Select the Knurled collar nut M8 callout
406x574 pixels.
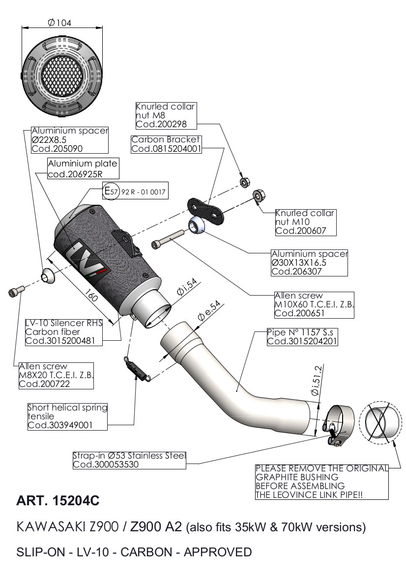tap(165, 115)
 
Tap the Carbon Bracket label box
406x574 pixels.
tap(166, 144)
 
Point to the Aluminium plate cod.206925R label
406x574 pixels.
tap(82, 168)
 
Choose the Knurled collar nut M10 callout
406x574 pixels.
tap(305, 222)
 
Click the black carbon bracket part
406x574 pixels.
tap(206, 208)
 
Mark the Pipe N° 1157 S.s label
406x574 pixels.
tap(302, 336)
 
